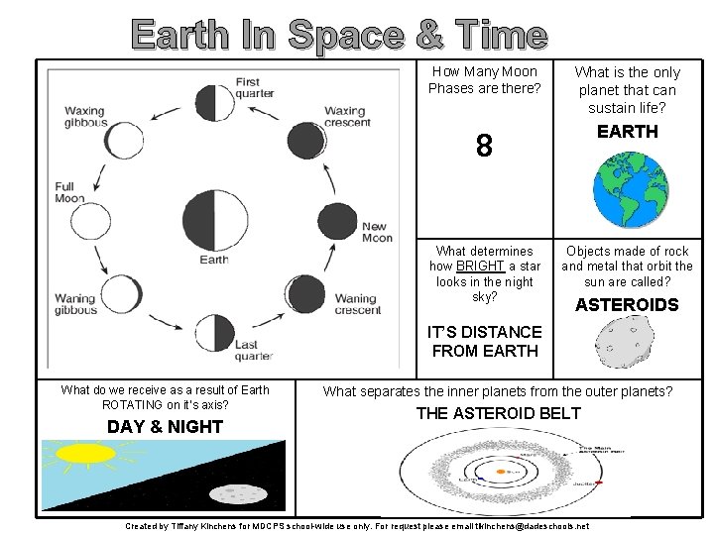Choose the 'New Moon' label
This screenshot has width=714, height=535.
pyautogui.click(x=377, y=232)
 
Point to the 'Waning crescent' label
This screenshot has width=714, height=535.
pyautogui.click(x=357, y=304)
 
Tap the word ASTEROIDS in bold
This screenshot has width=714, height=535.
pyautogui.click(x=627, y=305)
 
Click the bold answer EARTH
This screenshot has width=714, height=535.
pyautogui.click(x=627, y=131)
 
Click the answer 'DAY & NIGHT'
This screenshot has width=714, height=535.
pyautogui.click(x=164, y=426)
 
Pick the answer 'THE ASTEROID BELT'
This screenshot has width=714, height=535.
pyautogui.click(x=498, y=413)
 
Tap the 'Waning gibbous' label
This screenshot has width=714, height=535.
pyautogui.click(x=74, y=304)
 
